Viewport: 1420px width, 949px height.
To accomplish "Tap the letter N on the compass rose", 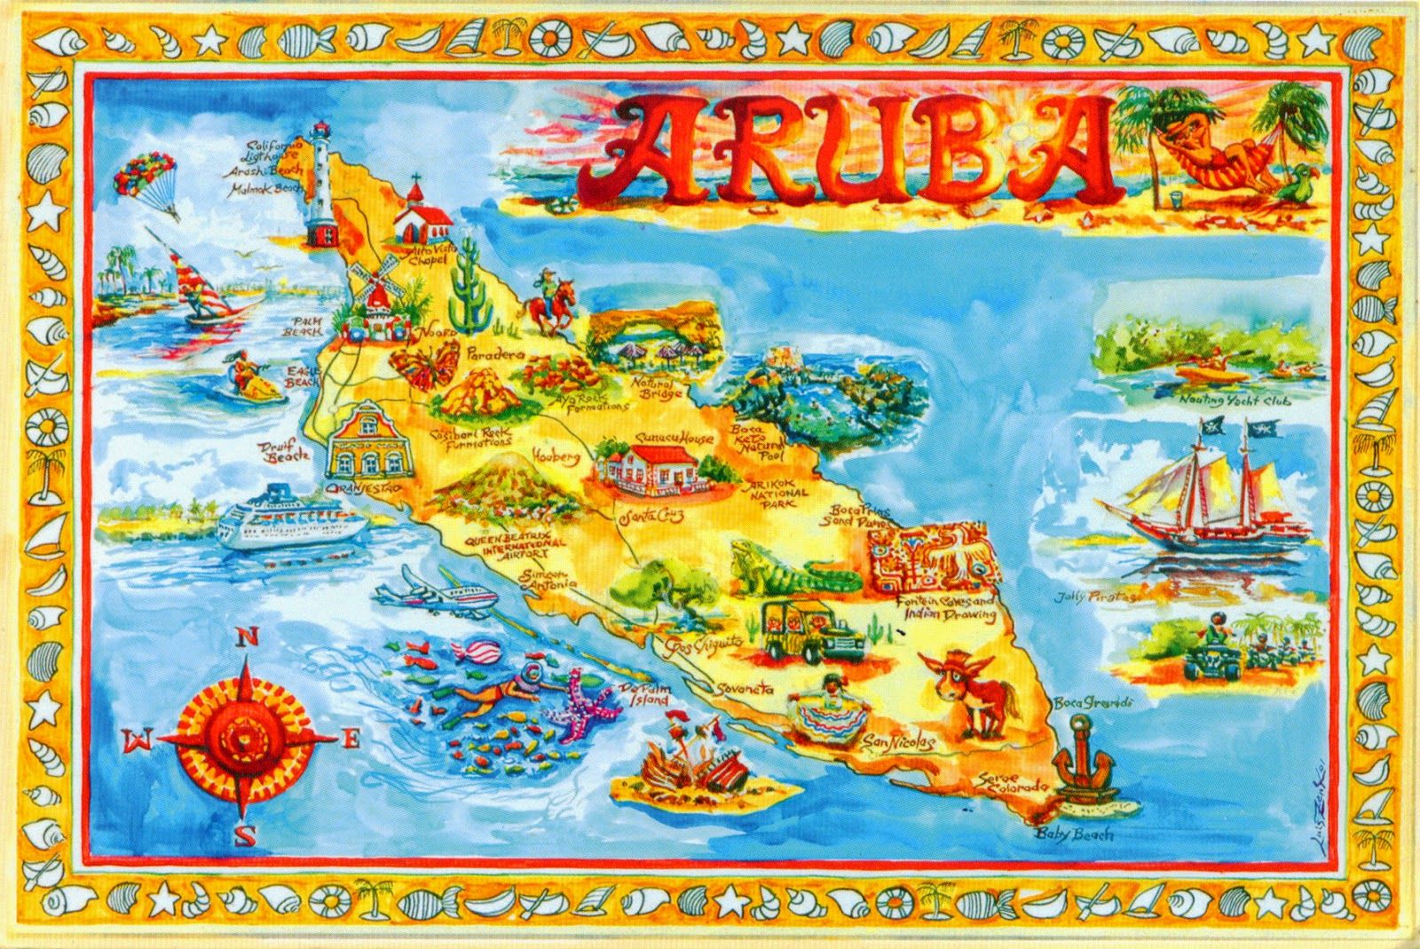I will click(248, 637).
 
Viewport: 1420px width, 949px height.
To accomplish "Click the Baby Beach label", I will click(1073, 834).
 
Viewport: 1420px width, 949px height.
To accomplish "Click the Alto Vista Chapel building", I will click(421, 213).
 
